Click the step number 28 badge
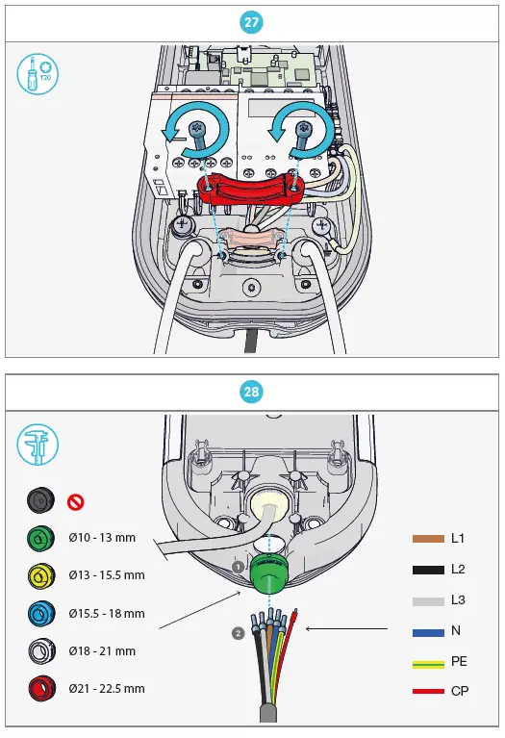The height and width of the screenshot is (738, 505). click(x=252, y=392)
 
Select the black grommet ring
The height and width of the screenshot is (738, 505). click(x=39, y=501)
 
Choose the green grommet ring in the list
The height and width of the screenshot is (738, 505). click(x=39, y=539)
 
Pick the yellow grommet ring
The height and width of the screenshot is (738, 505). click(x=39, y=576)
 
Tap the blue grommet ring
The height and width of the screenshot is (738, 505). click(x=39, y=614)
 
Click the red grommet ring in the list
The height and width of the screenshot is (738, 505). click(x=39, y=689)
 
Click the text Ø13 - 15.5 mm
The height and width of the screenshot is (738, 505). click(x=107, y=575)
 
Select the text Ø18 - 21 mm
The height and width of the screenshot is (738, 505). click(x=102, y=651)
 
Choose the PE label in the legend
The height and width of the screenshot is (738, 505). click(x=460, y=661)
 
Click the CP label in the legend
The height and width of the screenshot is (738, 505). click(x=460, y=692)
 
